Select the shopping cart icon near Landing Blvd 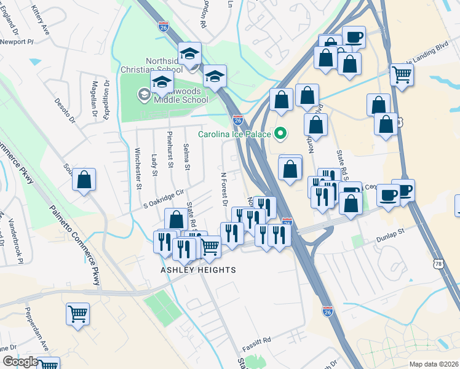coord(402,74)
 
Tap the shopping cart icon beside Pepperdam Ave coord(77,314)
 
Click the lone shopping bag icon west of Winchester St coord(84,180)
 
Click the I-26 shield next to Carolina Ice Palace coord(237,121)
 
